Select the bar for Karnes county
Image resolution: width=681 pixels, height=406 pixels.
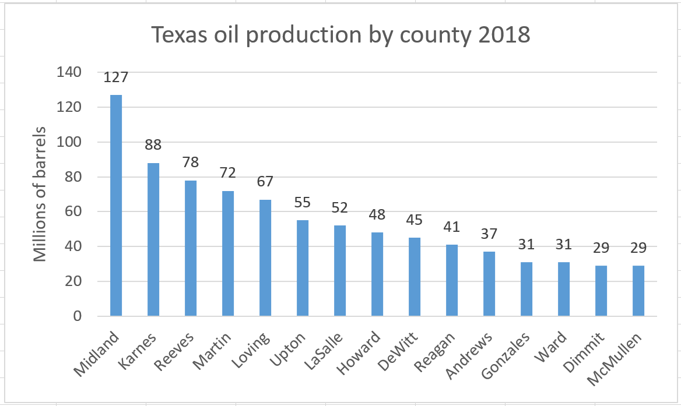coord(153,239)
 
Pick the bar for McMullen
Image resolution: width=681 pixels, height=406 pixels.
coord(638,291)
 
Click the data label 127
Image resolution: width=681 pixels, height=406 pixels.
coord(116,77)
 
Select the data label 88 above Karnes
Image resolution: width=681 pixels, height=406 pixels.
coord(153,144)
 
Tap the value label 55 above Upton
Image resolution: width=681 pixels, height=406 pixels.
coord(303,203)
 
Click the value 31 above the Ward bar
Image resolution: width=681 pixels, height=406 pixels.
coord(564,245)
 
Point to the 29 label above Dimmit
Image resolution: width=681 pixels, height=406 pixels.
coord(601,248)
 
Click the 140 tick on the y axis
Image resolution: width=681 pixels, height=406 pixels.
coord(69,72)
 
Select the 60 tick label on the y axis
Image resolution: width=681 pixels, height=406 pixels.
coord(73,211)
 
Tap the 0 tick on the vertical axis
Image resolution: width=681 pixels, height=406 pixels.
coord(76,316)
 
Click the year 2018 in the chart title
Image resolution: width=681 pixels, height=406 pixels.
coord(502,36)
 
